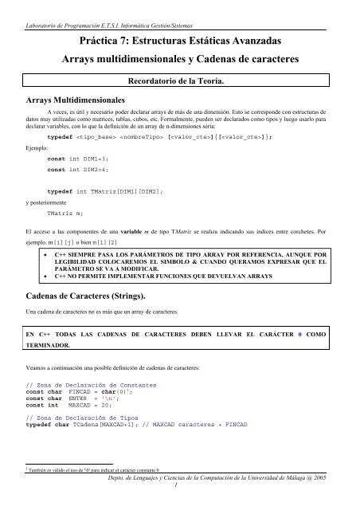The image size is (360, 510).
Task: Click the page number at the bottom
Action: coord(179,502)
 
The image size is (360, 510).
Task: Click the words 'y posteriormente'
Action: coord(47,202)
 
